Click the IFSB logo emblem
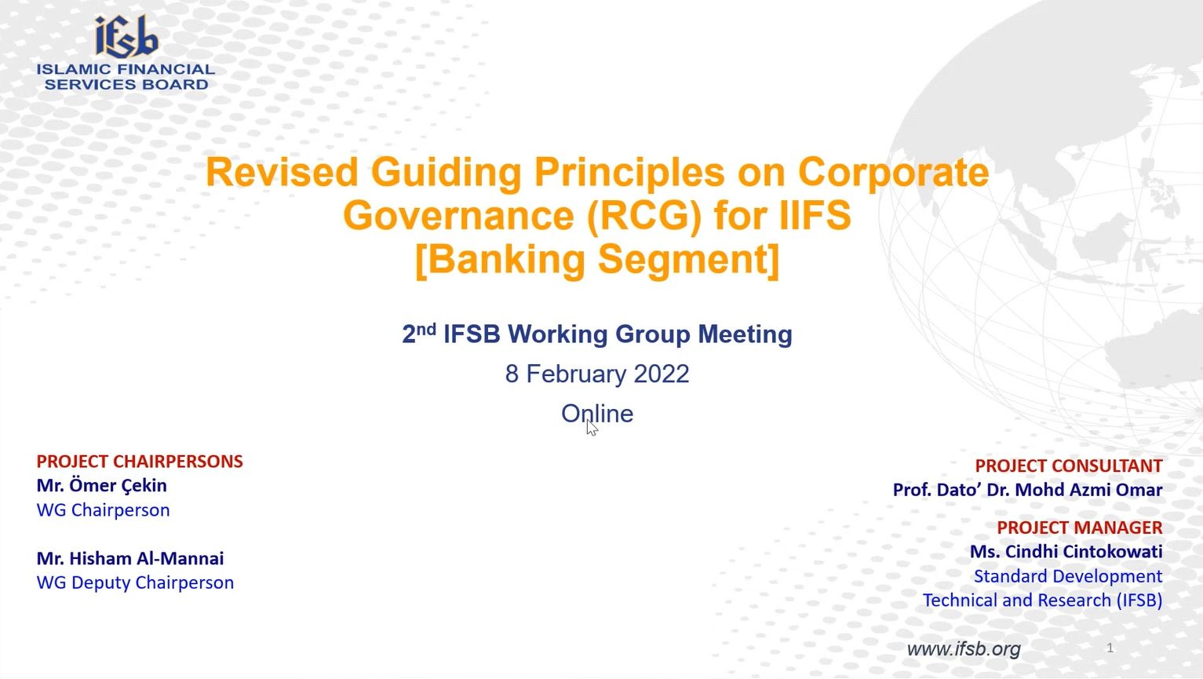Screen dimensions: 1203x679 point(127,37)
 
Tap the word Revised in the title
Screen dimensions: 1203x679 point(282,172)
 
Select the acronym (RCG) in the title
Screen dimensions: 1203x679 point(644,216)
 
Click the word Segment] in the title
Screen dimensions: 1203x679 point(688,260)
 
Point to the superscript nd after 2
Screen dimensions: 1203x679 point(426,328)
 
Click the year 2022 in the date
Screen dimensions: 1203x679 point(661,374)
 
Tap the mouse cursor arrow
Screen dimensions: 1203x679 point(592,428)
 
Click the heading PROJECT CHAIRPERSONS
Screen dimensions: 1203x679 point(140,462)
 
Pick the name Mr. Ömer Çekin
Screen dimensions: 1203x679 point(101,486)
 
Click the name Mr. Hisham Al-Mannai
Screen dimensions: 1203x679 point(130,558)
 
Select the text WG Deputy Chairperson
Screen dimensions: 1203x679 point(135,582)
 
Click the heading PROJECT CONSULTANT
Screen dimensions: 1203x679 point(1069,465)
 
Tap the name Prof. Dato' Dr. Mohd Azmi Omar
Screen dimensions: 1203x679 point(1027,490)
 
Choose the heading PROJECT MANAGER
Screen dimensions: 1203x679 point(1080,528)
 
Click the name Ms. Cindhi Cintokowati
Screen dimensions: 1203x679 point(1066,552)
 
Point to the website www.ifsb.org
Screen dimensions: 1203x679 point(964,649)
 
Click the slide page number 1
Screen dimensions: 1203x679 point(1110,648)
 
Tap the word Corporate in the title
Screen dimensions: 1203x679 point(893,173)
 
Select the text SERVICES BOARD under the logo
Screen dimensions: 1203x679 point(126,85)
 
